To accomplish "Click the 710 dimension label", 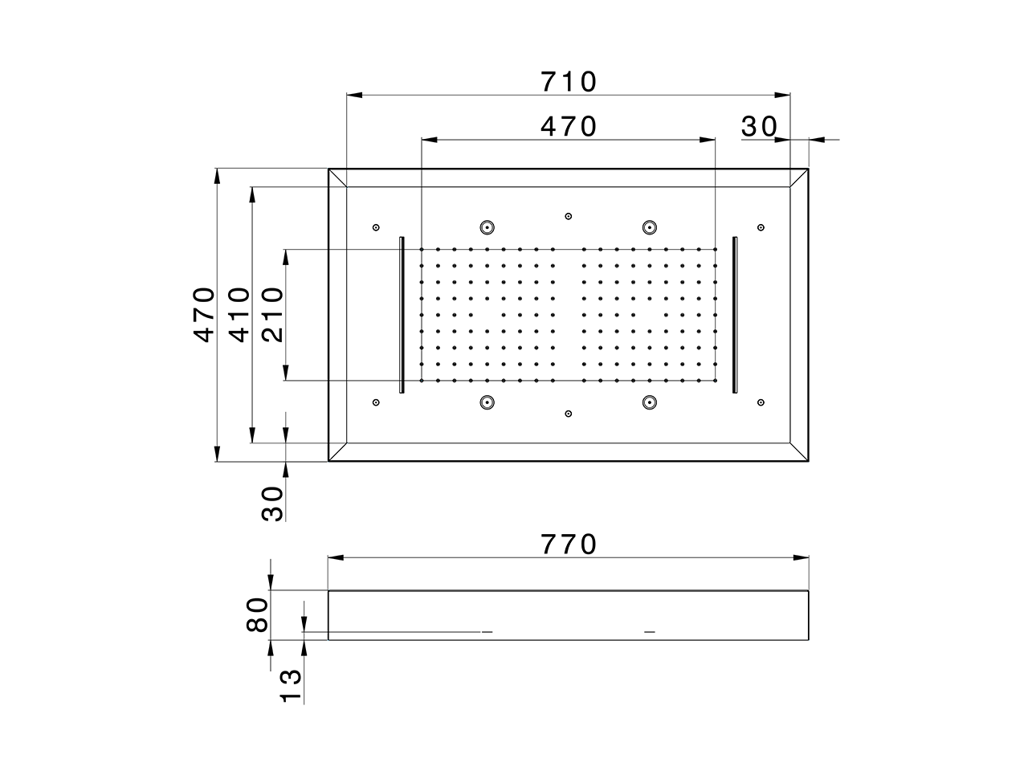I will click(569, 82).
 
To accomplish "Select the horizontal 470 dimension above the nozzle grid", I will click(569, 127).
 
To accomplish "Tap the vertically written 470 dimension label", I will click(206, 314).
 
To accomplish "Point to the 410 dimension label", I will click(240, 314).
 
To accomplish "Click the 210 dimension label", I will click(273, 314).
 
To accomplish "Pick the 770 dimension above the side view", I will click(569, 545).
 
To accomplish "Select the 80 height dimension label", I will click(257, 615).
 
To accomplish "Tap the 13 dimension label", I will click(292, 686).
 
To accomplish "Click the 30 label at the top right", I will click(759, 127).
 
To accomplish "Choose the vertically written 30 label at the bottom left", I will click(273, 504).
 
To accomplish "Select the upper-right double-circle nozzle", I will click(649, 227).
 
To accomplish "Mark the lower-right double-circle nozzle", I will click(649, 402).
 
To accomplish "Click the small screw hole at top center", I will click(569, 216).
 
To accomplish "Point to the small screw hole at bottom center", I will click(569, 414).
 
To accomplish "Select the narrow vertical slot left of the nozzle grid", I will click(402, 315).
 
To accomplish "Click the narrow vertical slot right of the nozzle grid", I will click(734, 315).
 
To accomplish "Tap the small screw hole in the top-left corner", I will click(376, 227).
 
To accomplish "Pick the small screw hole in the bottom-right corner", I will click(761, 402).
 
